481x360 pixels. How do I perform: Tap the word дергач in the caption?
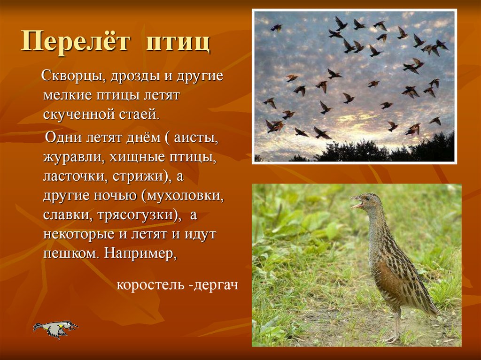pos(216,285)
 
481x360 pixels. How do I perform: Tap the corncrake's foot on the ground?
pos(392,338)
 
